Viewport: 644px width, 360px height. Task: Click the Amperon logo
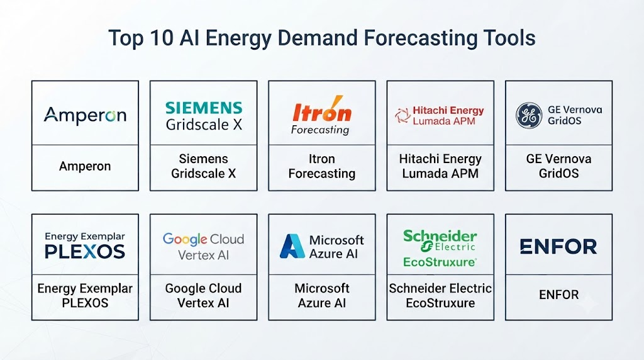click(85, 115)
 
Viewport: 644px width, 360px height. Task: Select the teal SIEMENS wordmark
click(204, 108)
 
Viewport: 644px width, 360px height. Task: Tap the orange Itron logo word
click(322, 110)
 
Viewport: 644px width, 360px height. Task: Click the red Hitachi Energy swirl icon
click(402, 115)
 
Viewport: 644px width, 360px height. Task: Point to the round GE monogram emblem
click(529, 115)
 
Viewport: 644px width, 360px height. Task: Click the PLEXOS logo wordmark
click(85, 252)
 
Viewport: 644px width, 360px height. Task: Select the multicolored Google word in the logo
click(185, 239)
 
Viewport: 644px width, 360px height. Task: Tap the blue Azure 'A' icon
click(292, 246)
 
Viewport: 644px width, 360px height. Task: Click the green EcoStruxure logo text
click(440, 262)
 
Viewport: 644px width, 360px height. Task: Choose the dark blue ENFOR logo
click(558, 247)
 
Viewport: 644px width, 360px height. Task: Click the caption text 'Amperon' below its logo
click(85, 166)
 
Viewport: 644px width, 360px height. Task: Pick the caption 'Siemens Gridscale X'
click(204, 166)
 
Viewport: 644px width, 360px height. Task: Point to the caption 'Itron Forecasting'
click(322, 166)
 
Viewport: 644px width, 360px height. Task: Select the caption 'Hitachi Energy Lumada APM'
click(440, 166)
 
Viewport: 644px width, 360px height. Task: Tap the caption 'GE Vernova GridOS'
click(558, 166)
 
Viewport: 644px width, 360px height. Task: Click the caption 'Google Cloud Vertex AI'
click(203, 295)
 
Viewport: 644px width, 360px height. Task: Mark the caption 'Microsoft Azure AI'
click(322, 295)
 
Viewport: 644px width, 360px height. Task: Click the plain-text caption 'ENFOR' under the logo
click(558, 295)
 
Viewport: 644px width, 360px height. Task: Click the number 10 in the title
click(162, 38)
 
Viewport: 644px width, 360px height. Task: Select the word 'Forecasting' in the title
click(421, 38)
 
